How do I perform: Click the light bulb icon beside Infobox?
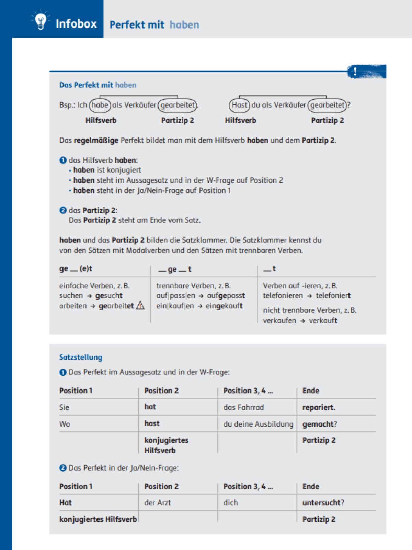pyautogui.click(x=41, y=22)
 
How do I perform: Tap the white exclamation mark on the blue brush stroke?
pyautogui.click(x=355, y=71)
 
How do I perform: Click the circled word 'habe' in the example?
pyautogui.click(x=100, y=105)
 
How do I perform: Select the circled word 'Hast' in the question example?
pyautogui.click(x=239, y=105)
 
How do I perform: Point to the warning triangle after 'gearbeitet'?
pyautogui.click(x=140, y=306)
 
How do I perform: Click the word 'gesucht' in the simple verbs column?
pyautogui.click(x=109, y=296)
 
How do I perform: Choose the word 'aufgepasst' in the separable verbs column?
pyautogui.click(x=226, y=296)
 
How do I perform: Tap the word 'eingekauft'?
pyautogui.click(x=224, y=306)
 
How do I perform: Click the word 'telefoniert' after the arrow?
pyautogui.click(x=333, y=296)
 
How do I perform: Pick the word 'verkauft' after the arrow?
pyautogui.click(x=323, y=321)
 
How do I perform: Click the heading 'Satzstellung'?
pyautogui.click(x=81, y=357)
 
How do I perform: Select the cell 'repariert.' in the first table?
pyautogui.click(x=319, y=407)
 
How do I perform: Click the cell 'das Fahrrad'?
pyautogui.click(x=243, y=407)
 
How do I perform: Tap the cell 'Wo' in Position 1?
pyautogui.click(x=65, y=424)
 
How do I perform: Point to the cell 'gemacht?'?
pyautogui.click(x=320, y=424)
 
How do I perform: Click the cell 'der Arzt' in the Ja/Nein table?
pyautogui.click(x=158, y=503)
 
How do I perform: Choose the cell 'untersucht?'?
pyautogui.click(x=323, y=503)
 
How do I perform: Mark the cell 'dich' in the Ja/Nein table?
pyautogui.click(x=230, y=503)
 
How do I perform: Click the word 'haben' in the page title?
pyautogui.click(x=184, y=25)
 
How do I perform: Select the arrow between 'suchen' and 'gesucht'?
pyautogui.click(x=89, y=296)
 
